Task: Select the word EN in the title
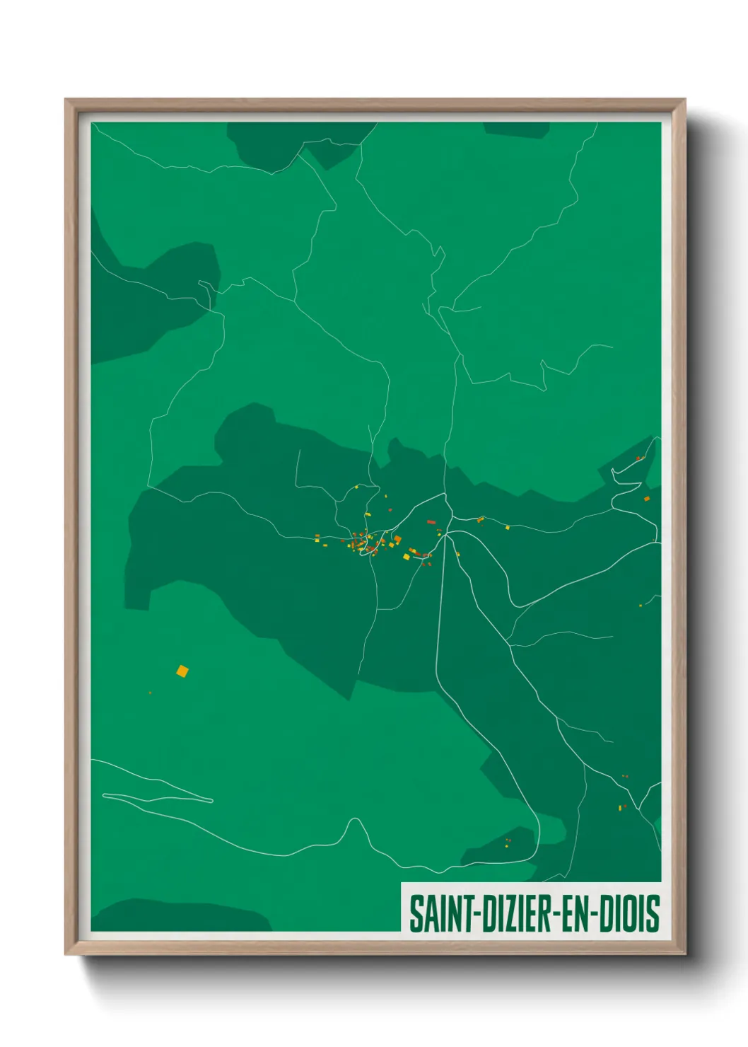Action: (578, 913)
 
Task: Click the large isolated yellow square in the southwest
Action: (182, 671)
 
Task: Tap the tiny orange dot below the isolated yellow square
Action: (150, 693)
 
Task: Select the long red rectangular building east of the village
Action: (431, 522)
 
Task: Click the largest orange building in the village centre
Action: (397, 540)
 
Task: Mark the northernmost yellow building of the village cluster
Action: (357, 487)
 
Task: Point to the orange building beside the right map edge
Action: (646, 499)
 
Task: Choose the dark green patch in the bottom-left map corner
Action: (177, 916)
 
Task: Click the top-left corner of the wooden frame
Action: (66, 100)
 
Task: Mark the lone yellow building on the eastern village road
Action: (507, 526)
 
